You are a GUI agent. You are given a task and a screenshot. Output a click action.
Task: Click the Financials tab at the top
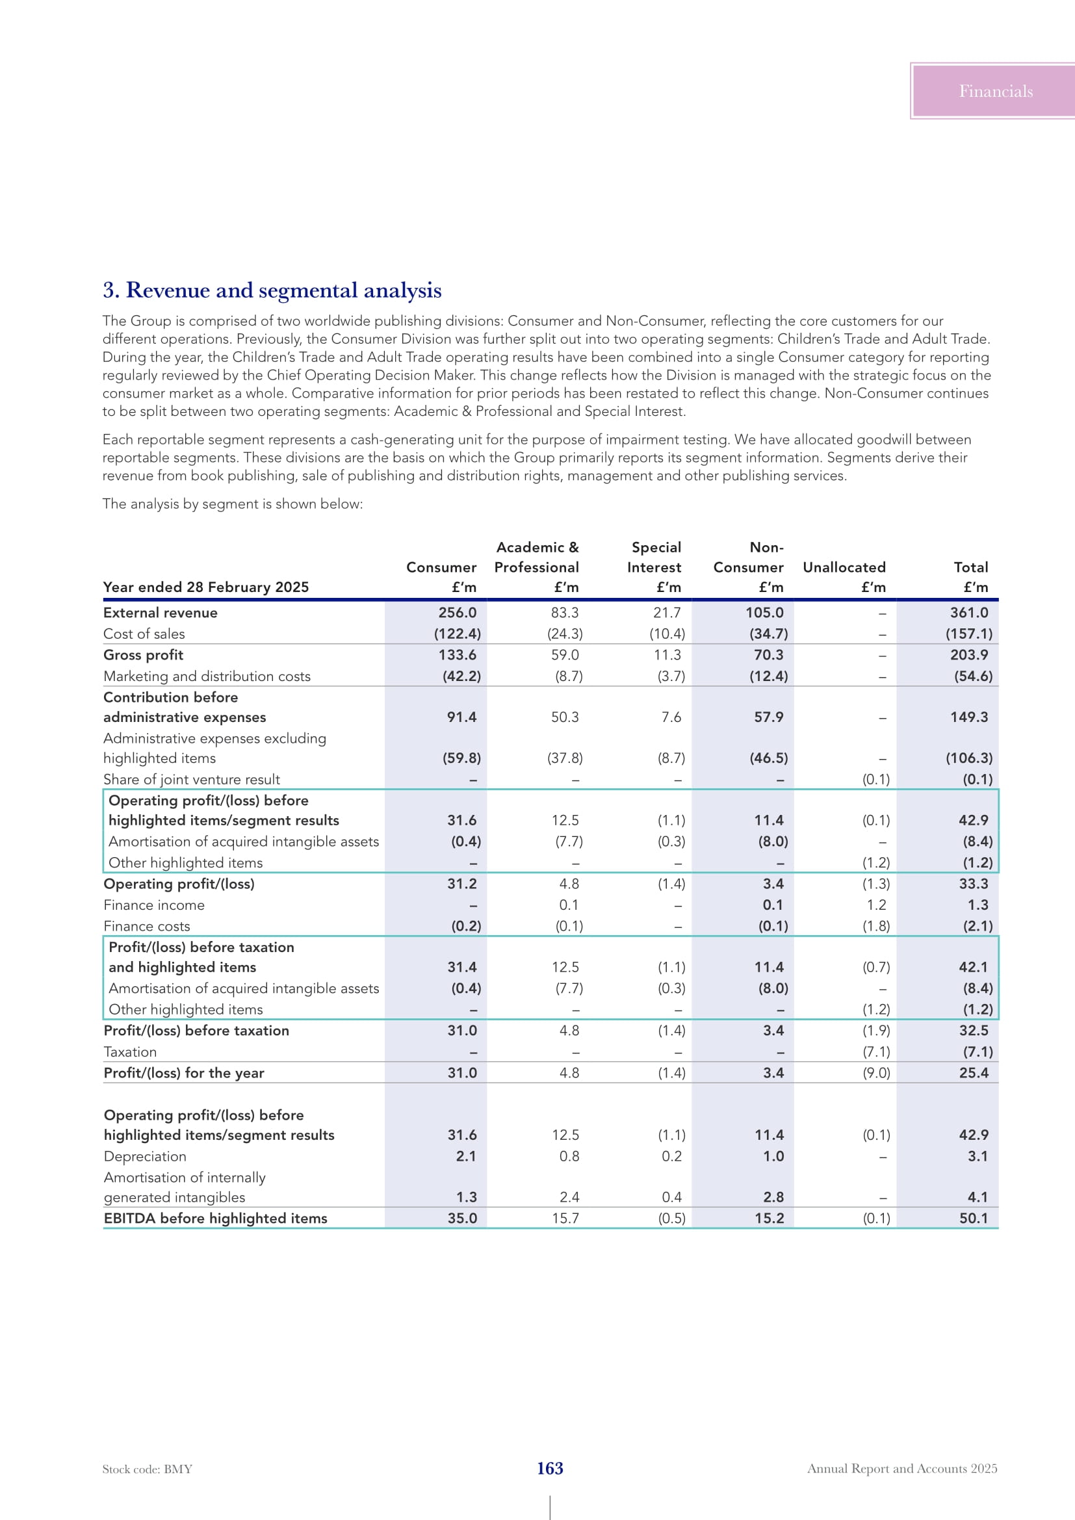pos(995,92)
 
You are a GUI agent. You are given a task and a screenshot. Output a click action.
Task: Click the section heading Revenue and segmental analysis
pos(272,290)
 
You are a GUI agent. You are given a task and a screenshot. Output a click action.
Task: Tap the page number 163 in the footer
pos(549,1468)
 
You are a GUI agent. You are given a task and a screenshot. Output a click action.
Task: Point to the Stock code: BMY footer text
pos(147,1469)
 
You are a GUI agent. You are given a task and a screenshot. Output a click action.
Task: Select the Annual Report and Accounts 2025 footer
pos(901,1469)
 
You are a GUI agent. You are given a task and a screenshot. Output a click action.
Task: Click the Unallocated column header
pos(844,567)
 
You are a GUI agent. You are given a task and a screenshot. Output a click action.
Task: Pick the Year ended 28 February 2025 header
pos(206,587)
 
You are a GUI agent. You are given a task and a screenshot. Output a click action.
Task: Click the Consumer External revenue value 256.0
pos(457,613)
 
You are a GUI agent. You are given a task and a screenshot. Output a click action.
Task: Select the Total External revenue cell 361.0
pos(969,613)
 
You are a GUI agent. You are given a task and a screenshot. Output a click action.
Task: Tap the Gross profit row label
pos(143,655)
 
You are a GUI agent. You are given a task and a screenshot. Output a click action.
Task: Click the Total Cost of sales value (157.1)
pos(969,634)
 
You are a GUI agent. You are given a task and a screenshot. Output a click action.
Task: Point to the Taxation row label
pos(131,1052)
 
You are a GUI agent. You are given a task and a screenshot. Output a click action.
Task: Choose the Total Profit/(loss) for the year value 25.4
pos(974,1073)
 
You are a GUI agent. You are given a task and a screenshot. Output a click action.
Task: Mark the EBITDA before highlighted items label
pos(215,1218)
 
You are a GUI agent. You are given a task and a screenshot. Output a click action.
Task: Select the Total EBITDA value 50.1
pos(974,1218)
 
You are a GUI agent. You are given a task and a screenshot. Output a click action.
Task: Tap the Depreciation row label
pos(145,1156)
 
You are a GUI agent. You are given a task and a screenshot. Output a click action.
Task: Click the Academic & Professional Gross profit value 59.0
pos(565,655)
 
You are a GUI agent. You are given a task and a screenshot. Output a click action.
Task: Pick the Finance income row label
pos(153,905)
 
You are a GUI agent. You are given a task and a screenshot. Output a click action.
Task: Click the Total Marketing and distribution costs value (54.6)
pos(973,676)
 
